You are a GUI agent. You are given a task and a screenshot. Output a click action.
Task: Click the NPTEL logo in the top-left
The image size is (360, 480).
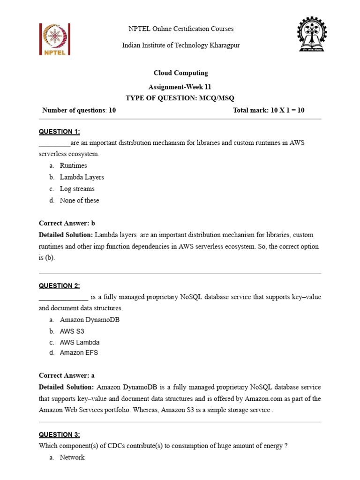(x=55, y=39)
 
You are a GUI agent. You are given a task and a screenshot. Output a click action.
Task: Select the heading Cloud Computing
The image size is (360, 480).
(x=181, y=73)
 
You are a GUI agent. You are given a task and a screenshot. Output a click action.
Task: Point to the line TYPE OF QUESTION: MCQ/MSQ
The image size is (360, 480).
(x=180, y=98)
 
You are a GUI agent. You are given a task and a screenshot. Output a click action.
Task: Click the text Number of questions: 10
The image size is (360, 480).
(x=79, y=111)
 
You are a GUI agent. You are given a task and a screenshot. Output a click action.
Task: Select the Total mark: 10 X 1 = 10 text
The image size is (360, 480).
(x=269, y=111)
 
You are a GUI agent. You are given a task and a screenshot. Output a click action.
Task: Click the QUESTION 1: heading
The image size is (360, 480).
(x=59, y=132)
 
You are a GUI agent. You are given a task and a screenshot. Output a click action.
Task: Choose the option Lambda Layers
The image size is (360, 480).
(x=82, y=177)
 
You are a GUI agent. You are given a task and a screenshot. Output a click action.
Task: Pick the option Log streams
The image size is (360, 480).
(x=77, y=189)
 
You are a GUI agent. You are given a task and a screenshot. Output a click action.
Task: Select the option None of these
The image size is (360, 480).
(x=79, y=200)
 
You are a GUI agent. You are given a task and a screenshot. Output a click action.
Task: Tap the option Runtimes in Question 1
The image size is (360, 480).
(x=73, y=165)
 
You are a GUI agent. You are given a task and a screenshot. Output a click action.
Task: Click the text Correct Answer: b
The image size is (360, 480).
(x=67, y=223)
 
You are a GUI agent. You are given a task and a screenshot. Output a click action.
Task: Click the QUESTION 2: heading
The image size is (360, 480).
(x=59, y=286)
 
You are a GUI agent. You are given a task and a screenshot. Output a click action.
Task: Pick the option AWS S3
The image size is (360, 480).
(x=72, y=331)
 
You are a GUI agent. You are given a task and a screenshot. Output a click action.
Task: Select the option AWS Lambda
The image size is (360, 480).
(x=80, y=342)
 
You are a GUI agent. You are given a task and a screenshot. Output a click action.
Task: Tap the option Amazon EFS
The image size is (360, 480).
(x=79, y=353)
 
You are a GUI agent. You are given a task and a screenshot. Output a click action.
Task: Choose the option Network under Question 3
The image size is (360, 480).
(x=72, y=457)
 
